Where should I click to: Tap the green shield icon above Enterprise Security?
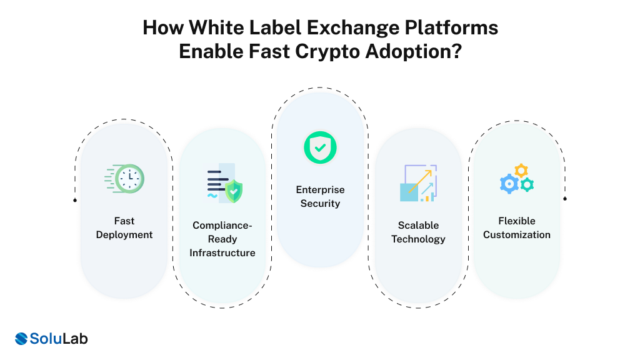(x=320, y=147)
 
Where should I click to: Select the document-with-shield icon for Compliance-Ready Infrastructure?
(x=223, y=183)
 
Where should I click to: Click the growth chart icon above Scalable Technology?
(x=418, y=183)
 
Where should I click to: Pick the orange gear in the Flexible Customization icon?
(x=521, y=171)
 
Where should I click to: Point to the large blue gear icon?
(x=509, y=183)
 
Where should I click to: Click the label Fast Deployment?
(x=124, y=227)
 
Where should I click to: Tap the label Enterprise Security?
(x=320, y=196)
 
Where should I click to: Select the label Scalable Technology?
(x=418, y=232)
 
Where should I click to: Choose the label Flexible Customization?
(x=517, y=227)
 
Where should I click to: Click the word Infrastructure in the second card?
(x=222, y=253)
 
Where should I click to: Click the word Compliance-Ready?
(x=223, y=232)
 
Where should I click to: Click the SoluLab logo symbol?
(x=22, y=339)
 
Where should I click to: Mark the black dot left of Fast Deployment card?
(x=75, y=200)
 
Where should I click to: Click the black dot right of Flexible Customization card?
(x=565, y=198)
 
